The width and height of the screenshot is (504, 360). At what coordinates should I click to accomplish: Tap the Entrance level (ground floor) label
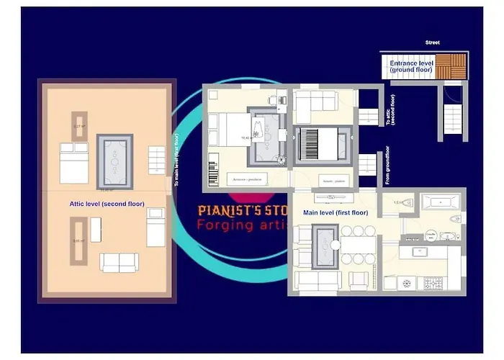(411, 66)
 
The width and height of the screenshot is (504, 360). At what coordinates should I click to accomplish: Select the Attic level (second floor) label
(107, 204)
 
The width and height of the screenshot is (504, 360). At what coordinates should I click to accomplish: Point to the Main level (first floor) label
(336, 212)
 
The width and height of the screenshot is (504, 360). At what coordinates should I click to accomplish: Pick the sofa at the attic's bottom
(120, 263)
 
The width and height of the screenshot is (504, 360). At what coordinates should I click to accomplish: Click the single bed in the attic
(156, 227)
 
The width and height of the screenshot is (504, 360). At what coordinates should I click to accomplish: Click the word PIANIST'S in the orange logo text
(228, 211)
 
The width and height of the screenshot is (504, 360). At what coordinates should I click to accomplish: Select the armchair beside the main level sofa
(358, 280)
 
